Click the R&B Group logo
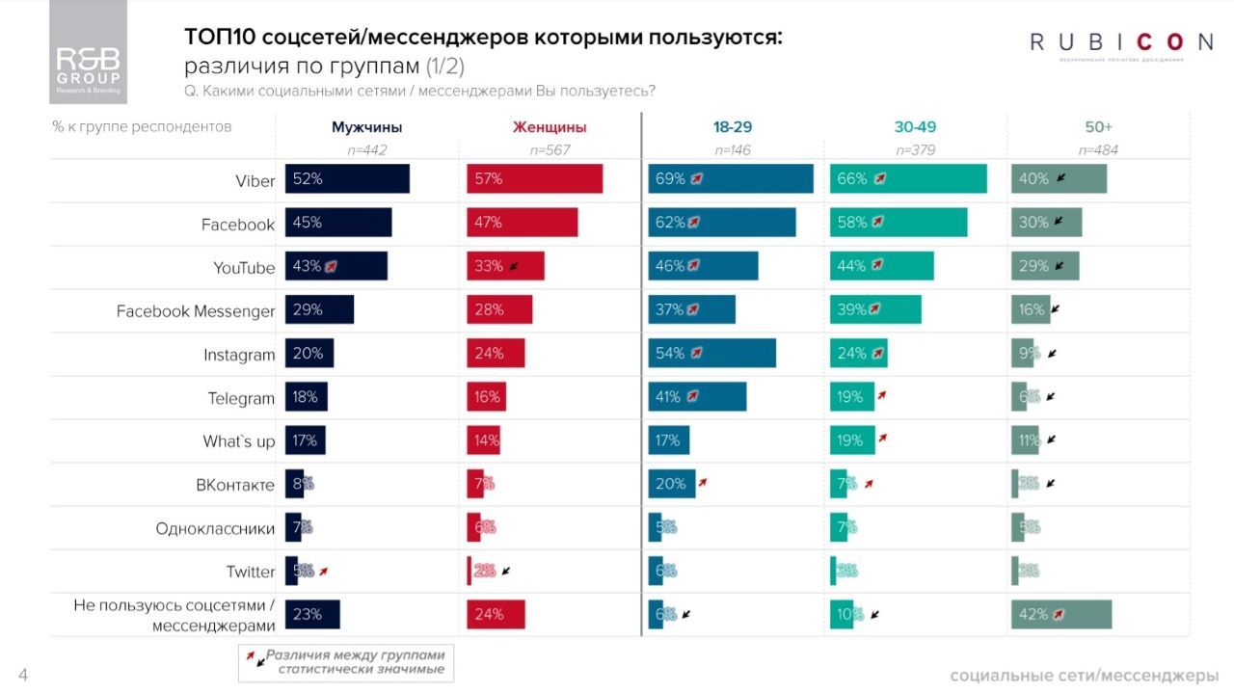[x=88, y=52]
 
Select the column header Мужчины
[x=366, y=127]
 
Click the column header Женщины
[x=550, y=127]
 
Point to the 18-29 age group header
[x=733, y=127]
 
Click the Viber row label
[x=255, y=181]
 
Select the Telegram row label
[x=241, y=398]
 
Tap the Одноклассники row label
[x=215, y=528]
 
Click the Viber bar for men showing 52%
[x=347, y=179]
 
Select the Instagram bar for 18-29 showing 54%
[x=711, y=353]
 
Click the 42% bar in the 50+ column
[x=1061, y=614]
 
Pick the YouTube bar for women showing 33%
[x=505, y=266]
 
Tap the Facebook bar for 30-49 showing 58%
[x=898, y=223]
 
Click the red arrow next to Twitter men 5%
[x=324, y=571]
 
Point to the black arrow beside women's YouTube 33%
[x=514, y=266]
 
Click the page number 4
[x=23, y=676]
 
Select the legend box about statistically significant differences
[x=346, y=661]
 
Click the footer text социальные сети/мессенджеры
[x=1084, y=675]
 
